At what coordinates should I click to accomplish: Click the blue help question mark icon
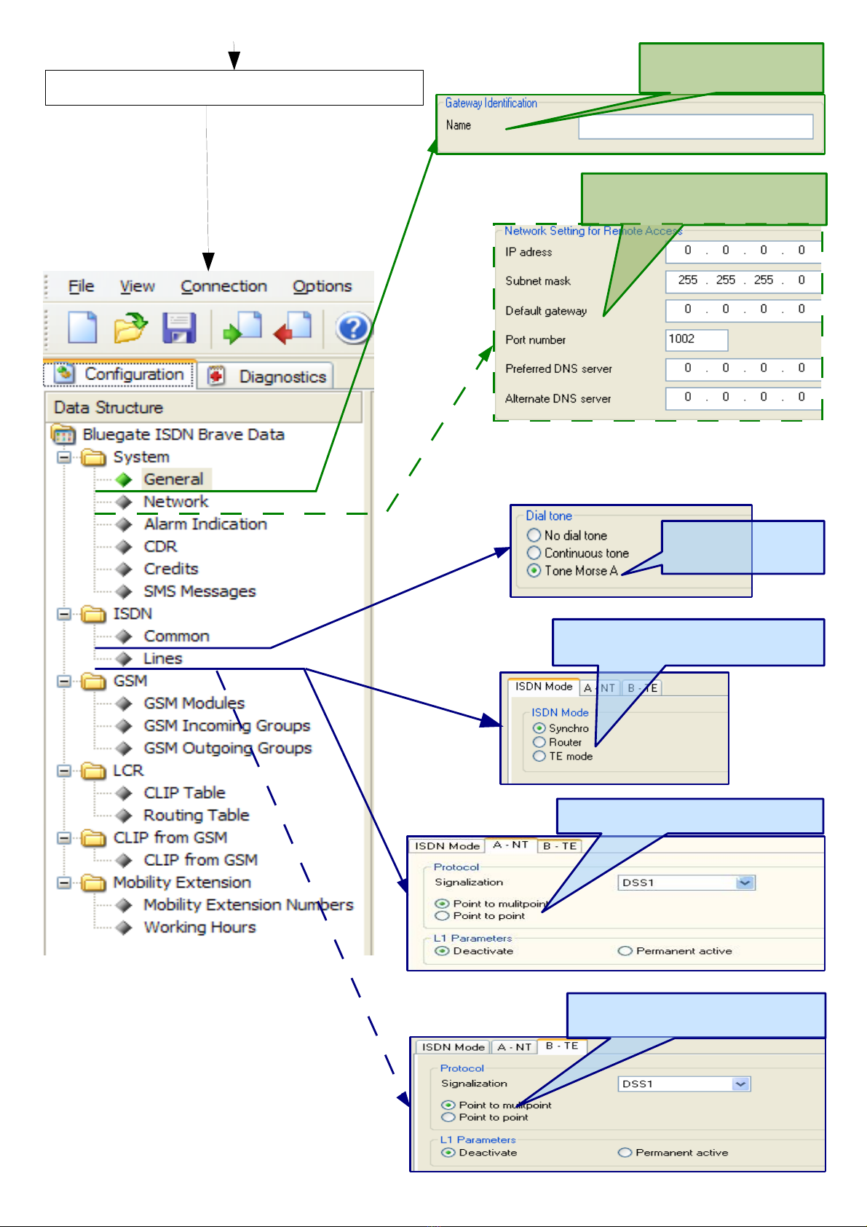(353, 328)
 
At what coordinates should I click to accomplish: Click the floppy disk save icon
(179, 328)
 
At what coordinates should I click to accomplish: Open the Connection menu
(223, 286)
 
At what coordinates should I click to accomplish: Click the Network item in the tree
(176, 501)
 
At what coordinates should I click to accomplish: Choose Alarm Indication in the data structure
(205, 524)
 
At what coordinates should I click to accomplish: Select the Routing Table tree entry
(196, 815)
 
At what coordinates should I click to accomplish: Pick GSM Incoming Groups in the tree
(226, 725)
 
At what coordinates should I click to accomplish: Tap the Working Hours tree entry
(200, 927)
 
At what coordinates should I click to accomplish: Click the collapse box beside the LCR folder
(64, 770)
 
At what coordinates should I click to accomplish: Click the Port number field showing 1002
(697, 339)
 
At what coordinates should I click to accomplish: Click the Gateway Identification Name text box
(696, 127)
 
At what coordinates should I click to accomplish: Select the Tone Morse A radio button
(534, 571)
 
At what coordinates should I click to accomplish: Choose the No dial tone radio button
(534, 535)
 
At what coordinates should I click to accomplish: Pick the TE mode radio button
(539, 756)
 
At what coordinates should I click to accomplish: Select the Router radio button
(539, 742)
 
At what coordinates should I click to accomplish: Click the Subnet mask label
(538, 281)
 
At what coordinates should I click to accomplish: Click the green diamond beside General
(124, 480)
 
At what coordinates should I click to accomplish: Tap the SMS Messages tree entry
(199, 591)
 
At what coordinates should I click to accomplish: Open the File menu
(81, 286)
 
